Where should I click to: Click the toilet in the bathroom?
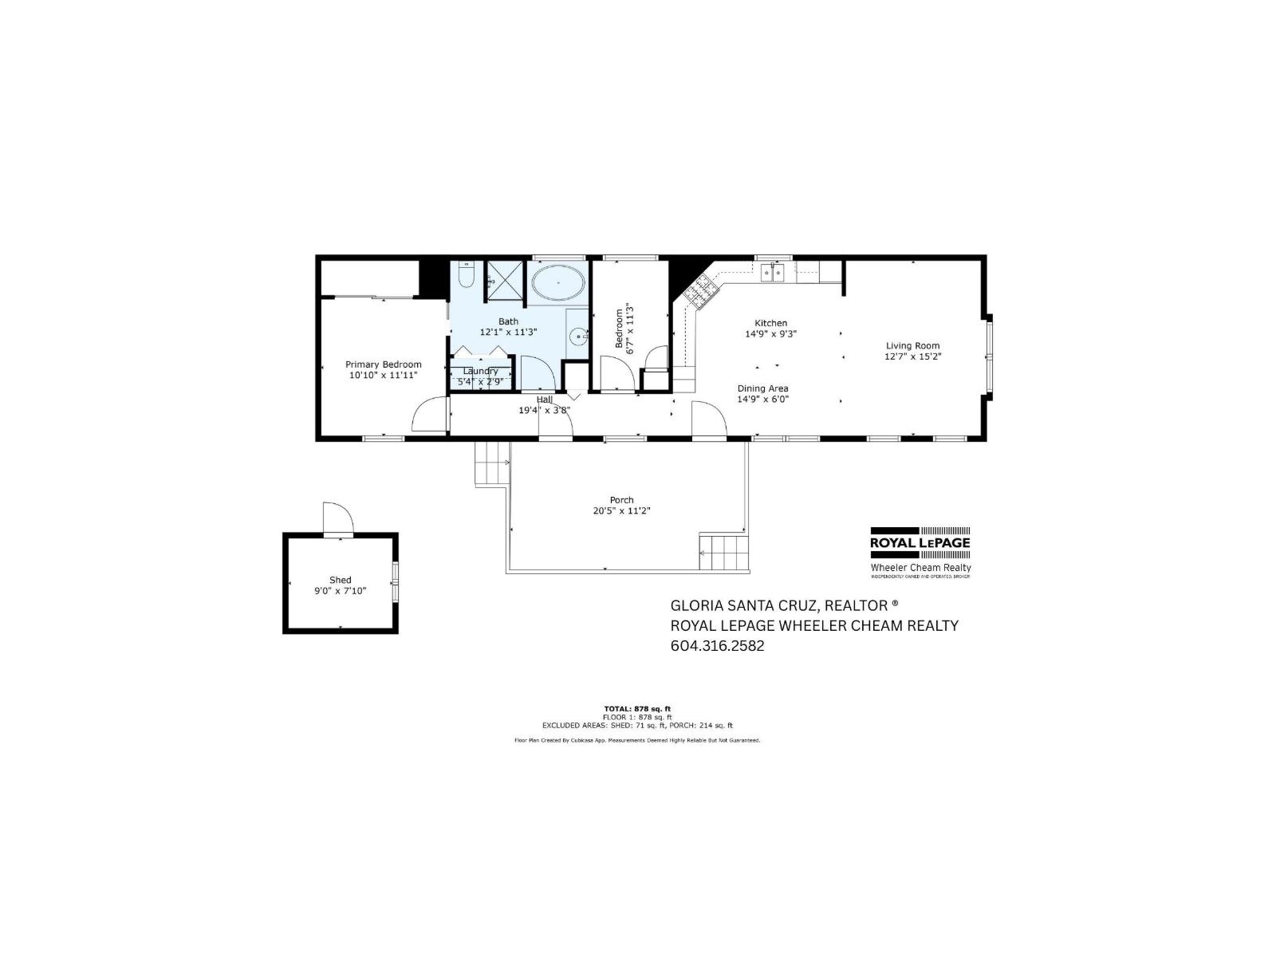tap(467, 276)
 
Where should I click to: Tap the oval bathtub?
tap(557, 284)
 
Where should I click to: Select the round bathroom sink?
tap(577, 337)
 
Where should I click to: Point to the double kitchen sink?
tap(772, 273)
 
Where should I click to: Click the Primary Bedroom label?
tap(384, 364)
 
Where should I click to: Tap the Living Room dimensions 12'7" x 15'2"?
tap(913, 356)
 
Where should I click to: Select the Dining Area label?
tap(762, 388)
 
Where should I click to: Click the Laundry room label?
tap(480, 371)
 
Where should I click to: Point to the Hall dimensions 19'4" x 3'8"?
tap(544, 410)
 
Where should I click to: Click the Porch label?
tap(621, 500)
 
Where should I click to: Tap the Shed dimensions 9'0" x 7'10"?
tap(341, 591)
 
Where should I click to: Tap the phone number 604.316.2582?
tap(717, 646)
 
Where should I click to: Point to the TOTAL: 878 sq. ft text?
tap(637, 708)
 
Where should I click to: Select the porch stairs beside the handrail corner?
tap(725, 552)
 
